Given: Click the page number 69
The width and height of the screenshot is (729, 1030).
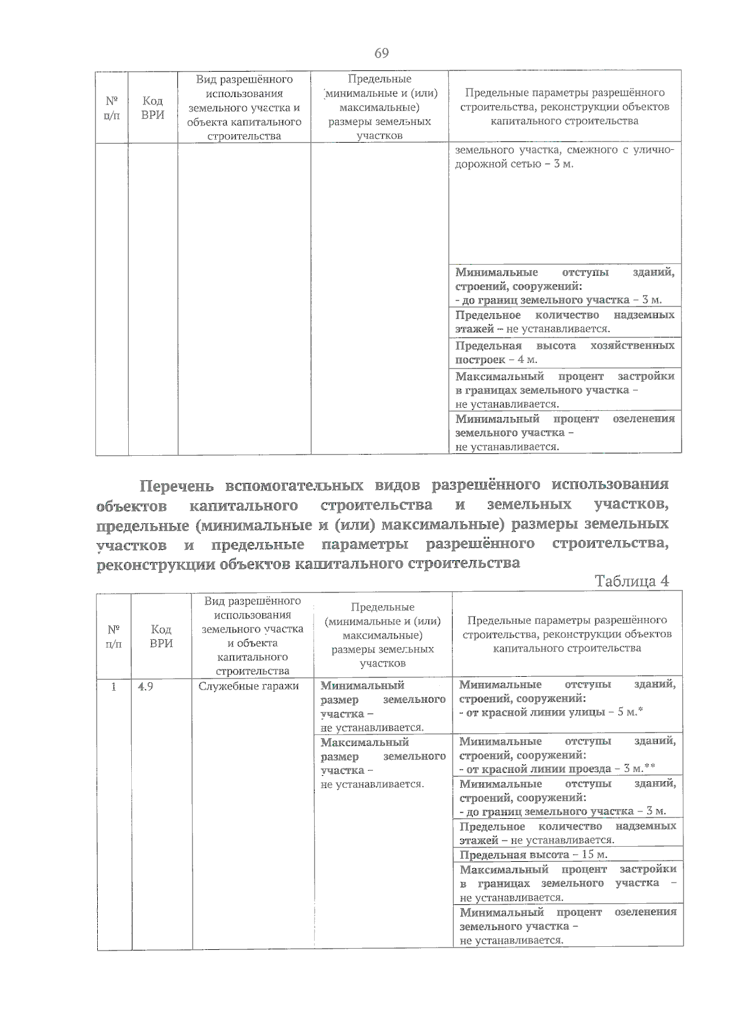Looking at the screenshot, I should pyautogui.click(x=381, y=53).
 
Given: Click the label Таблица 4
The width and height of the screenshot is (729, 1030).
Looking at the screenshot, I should pyautogui.click(x=632, y=581).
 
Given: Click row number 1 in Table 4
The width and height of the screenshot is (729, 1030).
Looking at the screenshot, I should pyautogui.click(x=113, y=687).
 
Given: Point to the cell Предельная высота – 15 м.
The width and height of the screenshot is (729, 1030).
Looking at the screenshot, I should pyautogui.click(x=533, y=855).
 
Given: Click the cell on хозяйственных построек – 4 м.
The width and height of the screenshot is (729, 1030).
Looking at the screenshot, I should pyautogui.click(x=564, y=353).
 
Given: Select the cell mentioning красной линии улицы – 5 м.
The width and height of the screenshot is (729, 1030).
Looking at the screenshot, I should pyautogui.click(x=567, y=699).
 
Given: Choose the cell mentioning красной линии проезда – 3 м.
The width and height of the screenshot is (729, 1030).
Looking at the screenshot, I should pyautogui.click(x=567, y=755).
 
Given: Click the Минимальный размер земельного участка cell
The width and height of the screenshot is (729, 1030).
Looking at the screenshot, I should pyautogui.click(x=383, y=706).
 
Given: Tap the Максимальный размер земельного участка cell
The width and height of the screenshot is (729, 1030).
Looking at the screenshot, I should pyautogui.click(x=383, y=763).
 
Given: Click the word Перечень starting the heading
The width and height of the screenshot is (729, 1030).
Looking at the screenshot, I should pyautogui.click(x=177, y=486).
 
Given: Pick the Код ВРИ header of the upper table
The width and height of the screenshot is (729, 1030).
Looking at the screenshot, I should pyautogui.click(x=152, y=107).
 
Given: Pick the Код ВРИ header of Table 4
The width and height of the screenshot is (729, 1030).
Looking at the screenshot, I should pyautogui.click(x=161, y=635).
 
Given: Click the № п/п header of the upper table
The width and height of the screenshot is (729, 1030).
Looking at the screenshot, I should pyautogui.click(x=112, y=107).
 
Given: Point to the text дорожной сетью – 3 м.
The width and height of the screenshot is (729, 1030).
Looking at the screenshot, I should pyautogui.click(x=514, y=164).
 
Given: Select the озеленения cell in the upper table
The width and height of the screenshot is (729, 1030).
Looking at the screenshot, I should pyautogui.click(x=564, y=432).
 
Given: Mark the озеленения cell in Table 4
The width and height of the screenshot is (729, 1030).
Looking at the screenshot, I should pyautogui.click(x=567, y=926).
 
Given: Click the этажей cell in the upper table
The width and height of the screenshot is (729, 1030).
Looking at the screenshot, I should pyautogui.click(x=564, y=322).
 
